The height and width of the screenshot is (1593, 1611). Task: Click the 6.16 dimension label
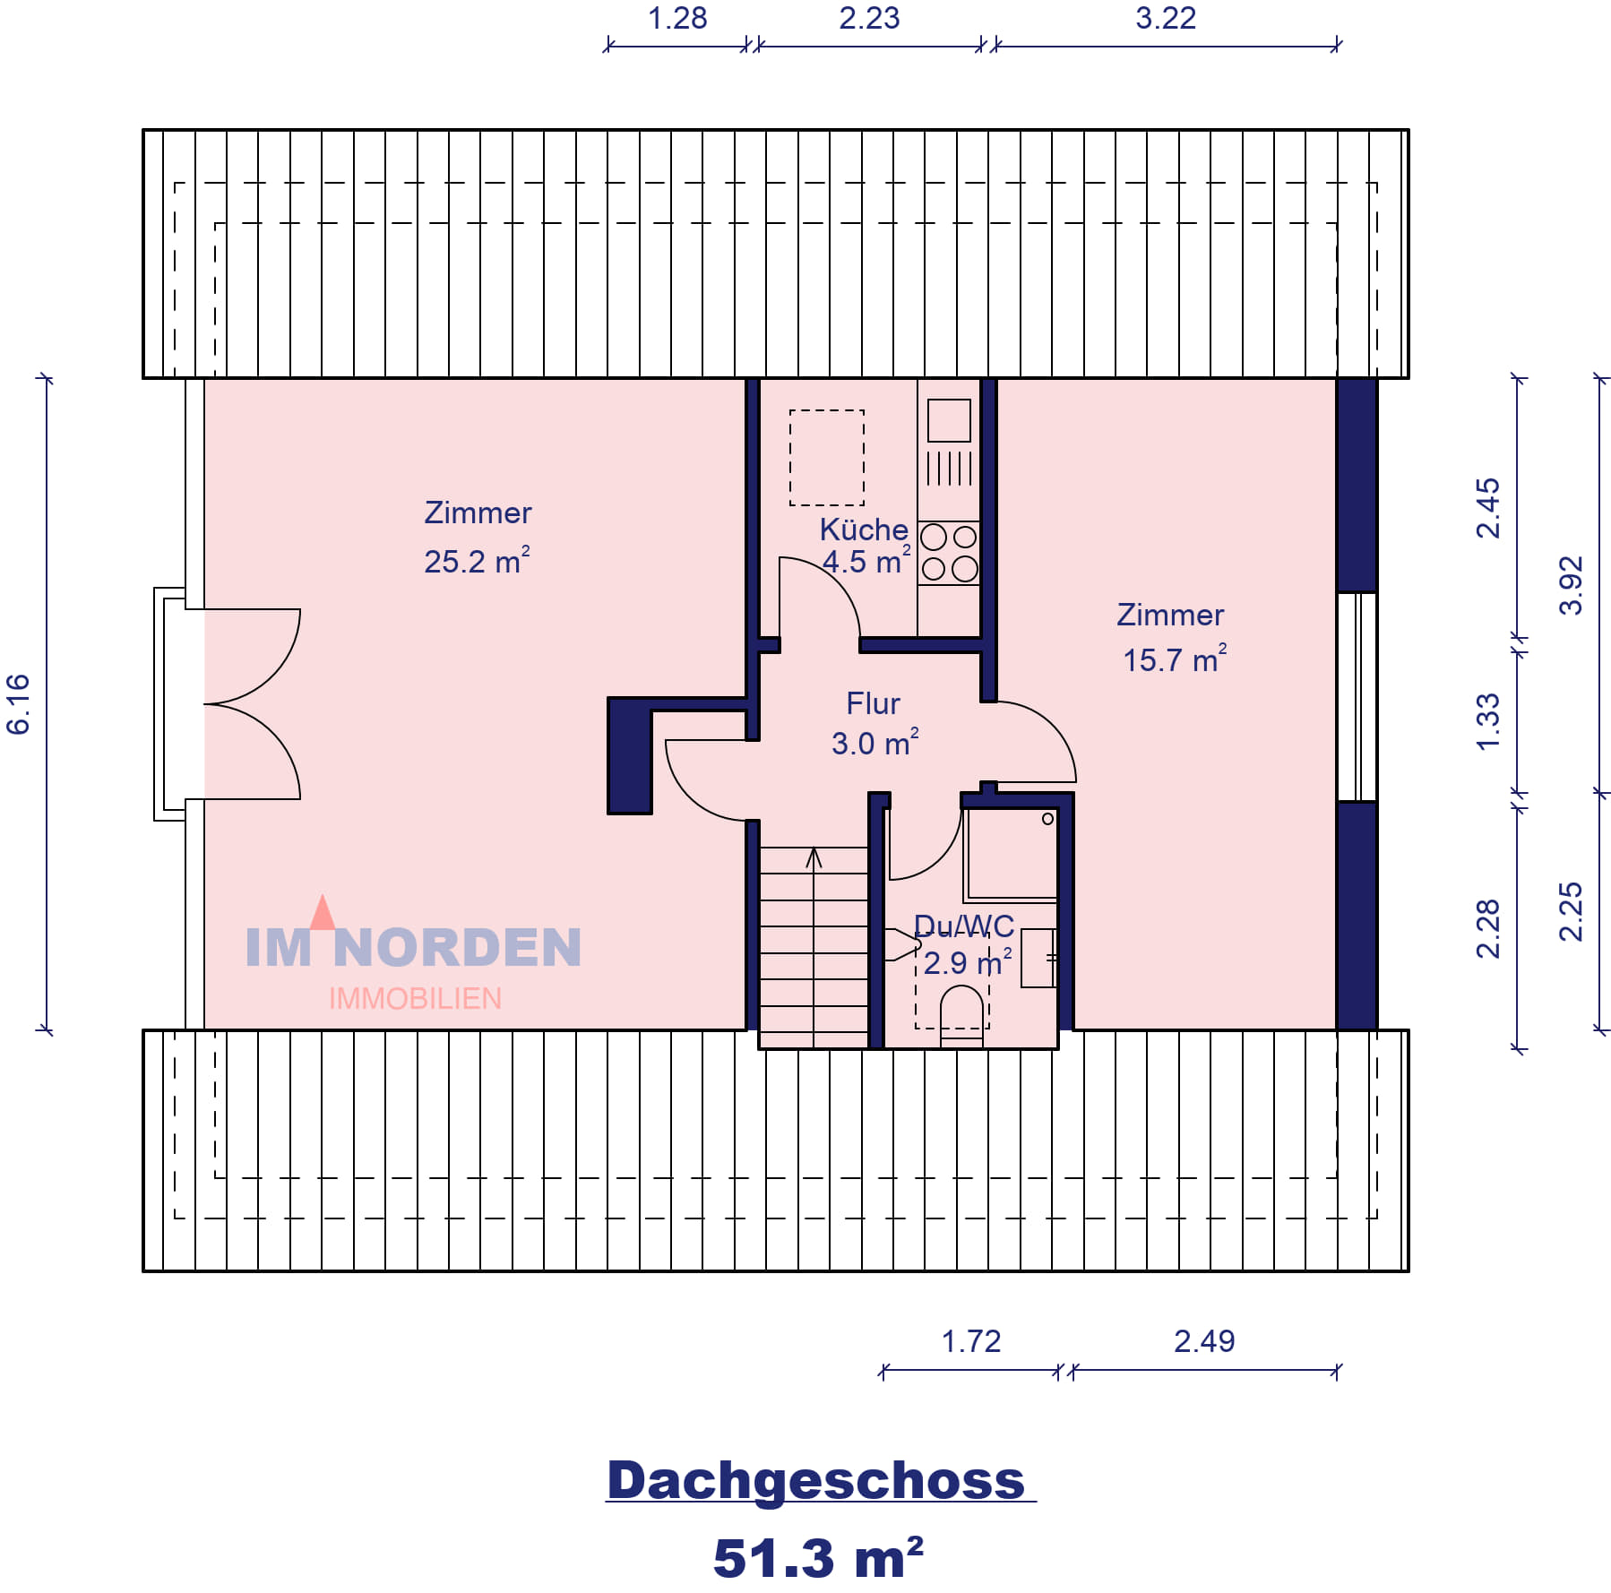point(18,704)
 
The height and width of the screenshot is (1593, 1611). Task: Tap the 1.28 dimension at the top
point(677,18)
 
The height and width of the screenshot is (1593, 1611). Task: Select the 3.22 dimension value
point(1166,18)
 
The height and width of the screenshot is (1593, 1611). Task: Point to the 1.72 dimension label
point(971,1341)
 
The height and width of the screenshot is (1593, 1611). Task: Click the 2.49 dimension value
point(1204,1341)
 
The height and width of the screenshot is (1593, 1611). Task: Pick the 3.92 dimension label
point(1572,586)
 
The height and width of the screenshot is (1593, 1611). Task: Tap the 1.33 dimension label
point(1487,722)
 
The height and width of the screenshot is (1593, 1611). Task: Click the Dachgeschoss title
point(816,1480)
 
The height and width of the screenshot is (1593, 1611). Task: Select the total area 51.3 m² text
point(818,1557)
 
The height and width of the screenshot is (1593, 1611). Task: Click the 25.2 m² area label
point(477,561)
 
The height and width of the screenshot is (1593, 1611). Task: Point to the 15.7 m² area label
point(1175,659)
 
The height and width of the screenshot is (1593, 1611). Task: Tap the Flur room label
point(873,703)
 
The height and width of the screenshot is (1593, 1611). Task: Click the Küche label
point(864,530)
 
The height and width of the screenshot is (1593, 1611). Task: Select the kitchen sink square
point(949,420)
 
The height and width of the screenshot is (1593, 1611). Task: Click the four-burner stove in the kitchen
point(949,553)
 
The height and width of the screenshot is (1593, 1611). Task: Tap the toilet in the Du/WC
point(961,1017)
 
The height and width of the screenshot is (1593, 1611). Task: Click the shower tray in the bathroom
point(1011,855)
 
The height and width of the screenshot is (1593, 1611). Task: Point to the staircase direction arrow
point(814,946)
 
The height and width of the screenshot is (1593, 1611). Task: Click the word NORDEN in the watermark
point(457,947)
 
